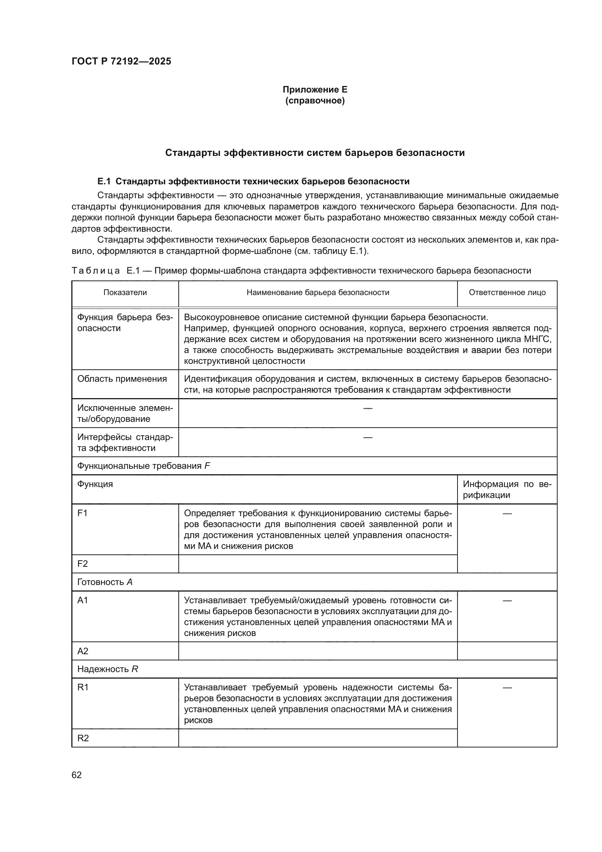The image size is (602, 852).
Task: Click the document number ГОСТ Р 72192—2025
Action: [121, 61]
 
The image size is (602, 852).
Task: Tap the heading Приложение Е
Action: [315, 90]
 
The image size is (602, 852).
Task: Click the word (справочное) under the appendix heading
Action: [315, 101]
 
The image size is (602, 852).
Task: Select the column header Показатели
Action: [125, 292]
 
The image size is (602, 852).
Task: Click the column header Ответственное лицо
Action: [507, 292]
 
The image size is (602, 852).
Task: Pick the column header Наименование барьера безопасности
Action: [318, 292]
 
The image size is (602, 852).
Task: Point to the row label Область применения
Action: [122, 379]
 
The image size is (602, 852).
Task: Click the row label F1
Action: [82, 513]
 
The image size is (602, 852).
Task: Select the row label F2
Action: [82, 564]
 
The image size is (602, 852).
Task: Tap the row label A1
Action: [82, 600]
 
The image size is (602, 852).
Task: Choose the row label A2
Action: [82, 651]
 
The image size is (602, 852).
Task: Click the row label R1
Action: [83, 687]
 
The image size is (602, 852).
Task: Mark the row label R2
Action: [83, 738]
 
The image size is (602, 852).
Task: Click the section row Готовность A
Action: [104, 582]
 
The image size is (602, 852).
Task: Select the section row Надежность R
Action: [107, 669]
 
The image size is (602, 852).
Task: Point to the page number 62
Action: [76, 775]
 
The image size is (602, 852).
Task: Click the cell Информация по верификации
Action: [507, 489]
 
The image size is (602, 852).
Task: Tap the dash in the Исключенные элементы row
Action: [367, 408]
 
